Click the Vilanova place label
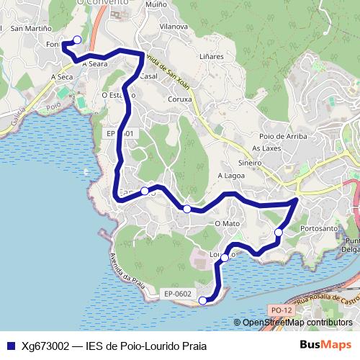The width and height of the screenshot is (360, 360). click(174, 26)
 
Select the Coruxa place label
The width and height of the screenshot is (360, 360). click(179, 99)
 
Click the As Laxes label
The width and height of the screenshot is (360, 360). click(265, 148)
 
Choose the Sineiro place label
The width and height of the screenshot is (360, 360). click(249, 163)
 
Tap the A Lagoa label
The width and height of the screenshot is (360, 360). click(231, 175)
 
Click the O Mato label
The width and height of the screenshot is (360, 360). click(227, 224)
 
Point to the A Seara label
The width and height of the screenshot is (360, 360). click(94, 63)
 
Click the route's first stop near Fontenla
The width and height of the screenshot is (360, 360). click(77, 40)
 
